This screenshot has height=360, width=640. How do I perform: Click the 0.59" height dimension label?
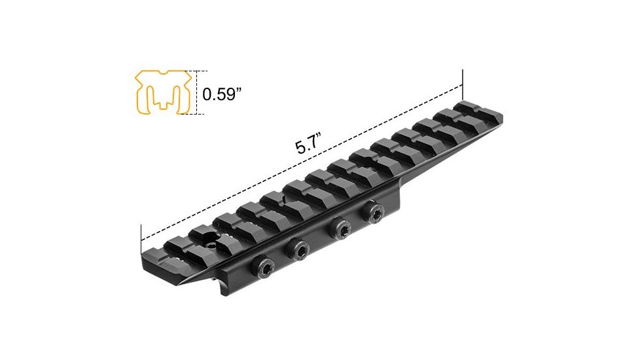221,94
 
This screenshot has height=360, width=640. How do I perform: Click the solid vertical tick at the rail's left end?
141,240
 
